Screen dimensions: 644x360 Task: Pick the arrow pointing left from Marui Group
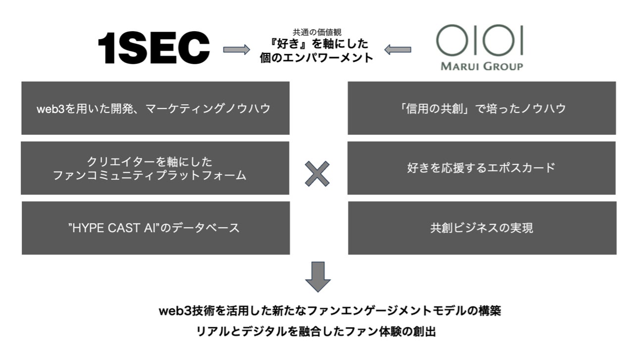click(397, 49)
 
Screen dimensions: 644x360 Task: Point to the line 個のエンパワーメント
click(317, 57)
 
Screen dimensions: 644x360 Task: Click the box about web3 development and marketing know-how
click(155, 108)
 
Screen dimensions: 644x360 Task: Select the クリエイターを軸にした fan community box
click(155, 168)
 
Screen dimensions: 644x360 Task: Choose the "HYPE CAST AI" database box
click(155, 228)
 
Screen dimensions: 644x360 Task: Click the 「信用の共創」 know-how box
click(482, 108)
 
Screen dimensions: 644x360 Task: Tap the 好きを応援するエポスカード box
click(482, 168)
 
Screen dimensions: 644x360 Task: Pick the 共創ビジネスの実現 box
click(482, 228)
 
